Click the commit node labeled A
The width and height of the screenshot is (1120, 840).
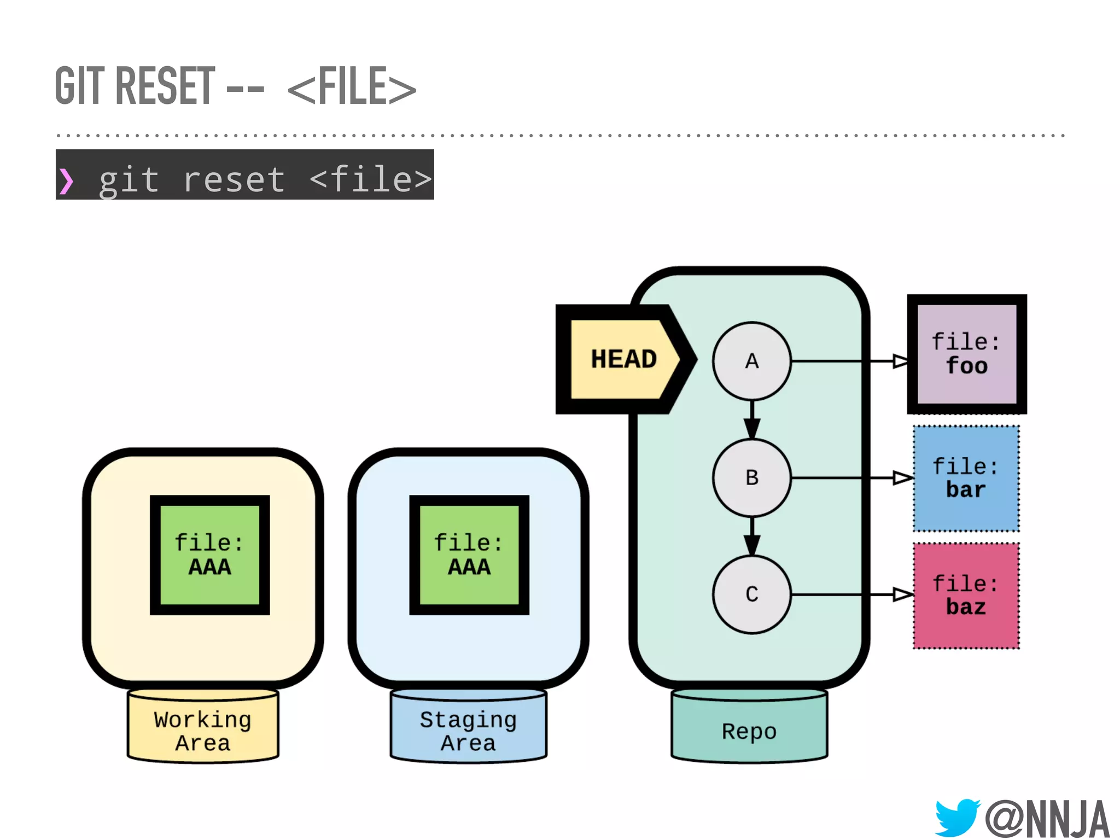pos(751,361)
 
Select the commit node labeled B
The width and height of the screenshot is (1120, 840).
pos(751,477)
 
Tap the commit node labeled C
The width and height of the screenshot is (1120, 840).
pos(751,594)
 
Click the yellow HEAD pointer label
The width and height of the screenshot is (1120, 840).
pos(623,359)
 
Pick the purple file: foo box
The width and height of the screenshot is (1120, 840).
pos(966,354)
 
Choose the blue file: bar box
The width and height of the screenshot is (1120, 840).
pos(966,479)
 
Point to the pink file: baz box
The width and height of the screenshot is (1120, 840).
pos(966,596)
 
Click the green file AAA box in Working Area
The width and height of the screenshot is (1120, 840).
pos(209,555)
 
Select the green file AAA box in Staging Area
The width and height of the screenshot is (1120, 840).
pos(469,555)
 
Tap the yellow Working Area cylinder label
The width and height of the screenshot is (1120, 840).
pos(203,731)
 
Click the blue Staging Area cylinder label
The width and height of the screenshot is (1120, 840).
pos(468,731)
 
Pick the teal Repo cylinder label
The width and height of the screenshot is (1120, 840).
pos(749,731)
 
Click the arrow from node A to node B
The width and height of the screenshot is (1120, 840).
pos(752,420)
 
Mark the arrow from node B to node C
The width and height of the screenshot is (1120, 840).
pos(752,536)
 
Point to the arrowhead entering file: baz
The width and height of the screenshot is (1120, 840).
pos(902,594)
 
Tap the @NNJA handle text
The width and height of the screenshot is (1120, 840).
pos(1047,818)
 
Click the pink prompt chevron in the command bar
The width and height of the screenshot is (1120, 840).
pos(66,181)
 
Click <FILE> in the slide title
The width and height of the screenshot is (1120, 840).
pos(351,87)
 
